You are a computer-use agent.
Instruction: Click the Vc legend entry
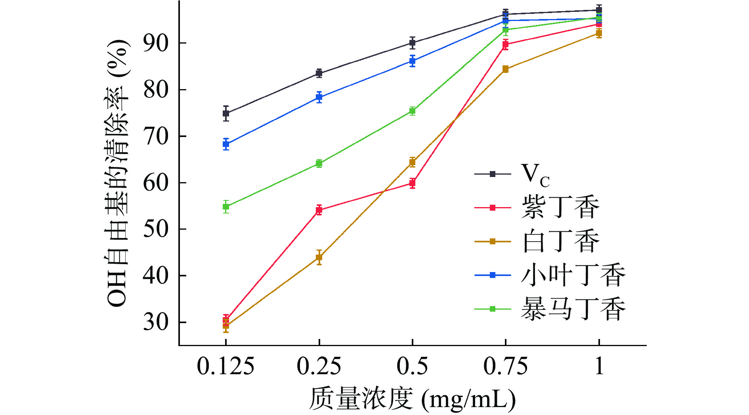point(535,174)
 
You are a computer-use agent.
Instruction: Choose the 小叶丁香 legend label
point(573,275)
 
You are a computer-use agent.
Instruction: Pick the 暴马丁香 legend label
point(573,309)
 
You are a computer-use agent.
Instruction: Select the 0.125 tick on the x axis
point(225,366)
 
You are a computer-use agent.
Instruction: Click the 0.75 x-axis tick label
point(505,366)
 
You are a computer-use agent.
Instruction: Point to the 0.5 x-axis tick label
point(412,366)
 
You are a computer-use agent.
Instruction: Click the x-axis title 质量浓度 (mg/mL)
point(412,399)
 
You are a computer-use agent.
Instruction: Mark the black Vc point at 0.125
point(226,114)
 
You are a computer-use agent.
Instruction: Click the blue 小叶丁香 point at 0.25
point(319,97)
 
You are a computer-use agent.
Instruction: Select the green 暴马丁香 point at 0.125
point(226,207)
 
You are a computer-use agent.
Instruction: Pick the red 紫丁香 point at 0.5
point(412,183)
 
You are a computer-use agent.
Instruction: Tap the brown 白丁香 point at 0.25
point(319,257)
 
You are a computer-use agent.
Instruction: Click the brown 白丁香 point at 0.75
point(505,69)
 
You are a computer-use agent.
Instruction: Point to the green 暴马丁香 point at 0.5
point(412,111)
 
